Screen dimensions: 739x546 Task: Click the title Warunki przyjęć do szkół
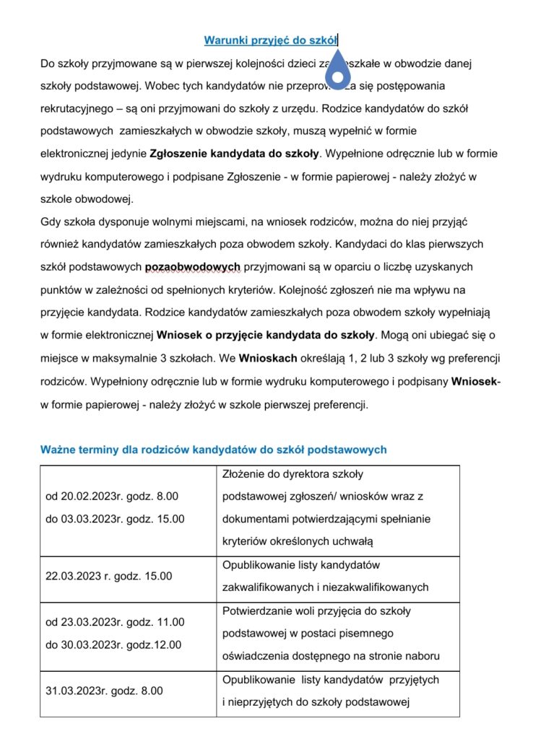tap(271, 40)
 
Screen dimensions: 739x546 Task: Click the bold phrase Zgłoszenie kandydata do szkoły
tap(234, 154)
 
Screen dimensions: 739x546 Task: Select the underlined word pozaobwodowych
tap(193, 267)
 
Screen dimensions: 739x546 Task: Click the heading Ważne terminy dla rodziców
tap(214, 450)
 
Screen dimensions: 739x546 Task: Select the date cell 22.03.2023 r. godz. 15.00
tap(109, 576)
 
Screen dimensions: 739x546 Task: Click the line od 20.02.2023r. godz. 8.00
tap(112, 497)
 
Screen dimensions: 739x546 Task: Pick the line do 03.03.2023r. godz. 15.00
tap(115, 518)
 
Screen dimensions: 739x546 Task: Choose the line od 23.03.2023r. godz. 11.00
tap(115, 622)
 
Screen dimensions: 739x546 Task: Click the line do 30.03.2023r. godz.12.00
tap(113, 644)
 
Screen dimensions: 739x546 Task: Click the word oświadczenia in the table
tap(253, 656)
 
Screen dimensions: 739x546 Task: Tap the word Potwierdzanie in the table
tap(255, 611)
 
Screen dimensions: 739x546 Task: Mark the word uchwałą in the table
tap(354, 541)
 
